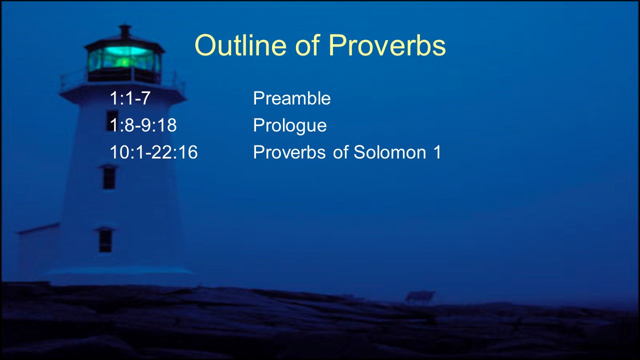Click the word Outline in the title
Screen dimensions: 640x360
pos(240,45)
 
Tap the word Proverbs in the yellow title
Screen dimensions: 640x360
pos(387,45)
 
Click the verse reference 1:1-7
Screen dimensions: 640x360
pos(130,98)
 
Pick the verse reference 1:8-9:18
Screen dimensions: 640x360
pos(143,125)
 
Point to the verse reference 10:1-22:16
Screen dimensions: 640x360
pos(153,151)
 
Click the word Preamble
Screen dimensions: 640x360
pos(291,98)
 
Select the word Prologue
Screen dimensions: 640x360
pos(289,125)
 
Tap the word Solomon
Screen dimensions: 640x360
pos(389,151)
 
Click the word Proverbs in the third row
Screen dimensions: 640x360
pos(289,151)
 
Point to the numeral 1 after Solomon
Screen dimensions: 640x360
pos(437,151)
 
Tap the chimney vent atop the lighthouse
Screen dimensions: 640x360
pos(125,31)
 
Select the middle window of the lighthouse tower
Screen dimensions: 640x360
pos(109,177)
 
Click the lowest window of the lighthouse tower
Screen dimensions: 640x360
pos(105,239)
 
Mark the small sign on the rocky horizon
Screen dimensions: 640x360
pos(419,297)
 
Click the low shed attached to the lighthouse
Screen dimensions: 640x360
pos(38,251)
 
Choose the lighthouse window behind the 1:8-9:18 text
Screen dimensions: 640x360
pos(112,120)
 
